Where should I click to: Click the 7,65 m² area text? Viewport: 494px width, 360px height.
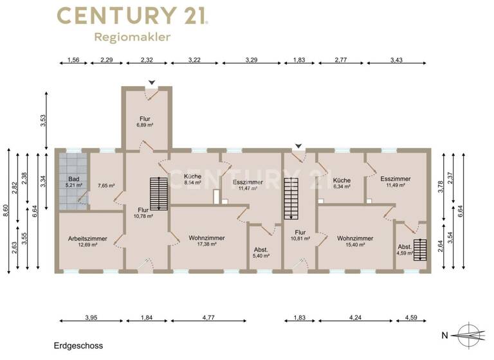pyautogui.click(x=106, y=186)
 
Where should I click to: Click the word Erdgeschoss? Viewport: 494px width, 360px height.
pyautogui.click(x=78, y=346)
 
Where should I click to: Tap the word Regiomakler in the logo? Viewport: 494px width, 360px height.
pyautogui.click(x=133, y=37)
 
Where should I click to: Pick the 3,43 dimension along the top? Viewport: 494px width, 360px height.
pyautogui.click(x=397, y=62)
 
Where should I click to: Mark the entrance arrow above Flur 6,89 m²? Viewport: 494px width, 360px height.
pyautogui.click(x=151, y=82)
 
